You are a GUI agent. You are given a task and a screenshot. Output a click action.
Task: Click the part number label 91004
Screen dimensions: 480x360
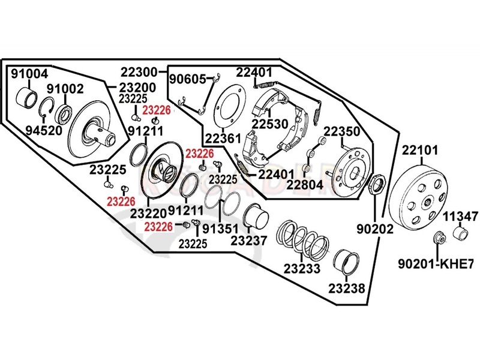click(x=29, y=74)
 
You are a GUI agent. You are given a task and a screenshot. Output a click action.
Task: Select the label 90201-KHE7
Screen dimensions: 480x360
click(x=436, y=263)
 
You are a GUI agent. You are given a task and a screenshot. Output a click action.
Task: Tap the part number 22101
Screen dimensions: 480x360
click(x=420, y=151)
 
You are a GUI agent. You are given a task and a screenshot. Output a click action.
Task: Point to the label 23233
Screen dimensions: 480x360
click(x=302, y=268)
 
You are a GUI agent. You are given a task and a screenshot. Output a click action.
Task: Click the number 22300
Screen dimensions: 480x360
click(x=139, y=72)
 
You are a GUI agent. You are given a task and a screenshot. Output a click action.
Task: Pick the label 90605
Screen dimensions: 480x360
click(x=188, y=79)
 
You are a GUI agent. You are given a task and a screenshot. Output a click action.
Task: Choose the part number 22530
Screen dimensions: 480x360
click(x=270, y=124)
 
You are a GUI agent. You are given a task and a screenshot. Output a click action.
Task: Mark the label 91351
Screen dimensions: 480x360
click(x=220, y=229)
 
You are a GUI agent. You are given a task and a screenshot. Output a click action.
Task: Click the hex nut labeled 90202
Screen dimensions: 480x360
click(x=377, y=184)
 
